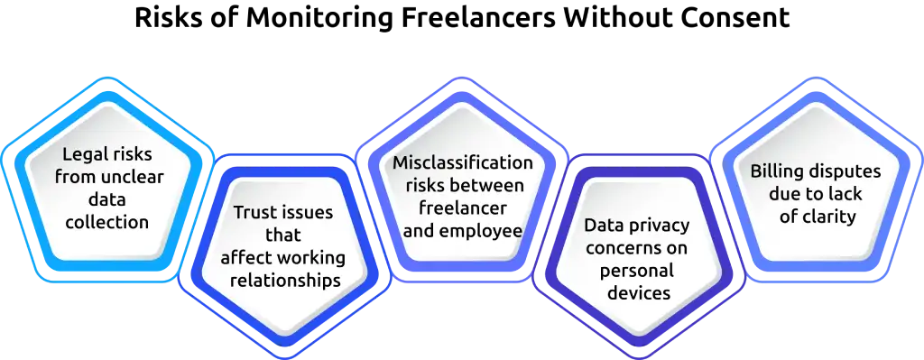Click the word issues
(308, 214)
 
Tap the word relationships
(284, 280)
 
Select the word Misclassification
(463, 163)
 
